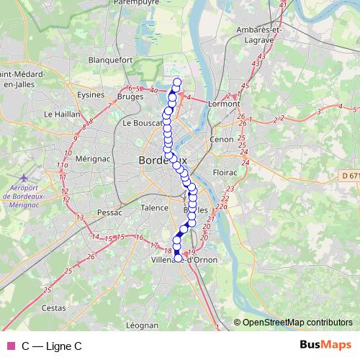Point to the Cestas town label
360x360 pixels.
pyautogui.click(x=54, y=307)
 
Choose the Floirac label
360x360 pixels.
pyautogui.click(x=225, y=173)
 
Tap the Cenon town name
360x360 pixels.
pyautogui.click(x=221, y=139)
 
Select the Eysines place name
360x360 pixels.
pyautogui.click(x=91, y=94)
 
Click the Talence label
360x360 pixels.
pyautogui.click(x=153, y=207)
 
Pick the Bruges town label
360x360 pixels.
pyautogui.click(x=130, y=95)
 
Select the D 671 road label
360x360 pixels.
pyautogui.click(x=351, y=175)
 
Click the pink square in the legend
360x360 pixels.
pyautogui.click(x=10, y=346)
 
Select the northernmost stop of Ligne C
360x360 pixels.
pyautogui.click(x=177, y=81)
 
